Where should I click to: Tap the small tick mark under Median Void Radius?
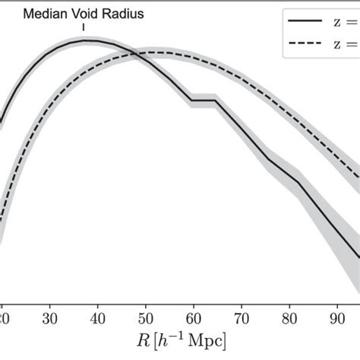coord(84,28)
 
